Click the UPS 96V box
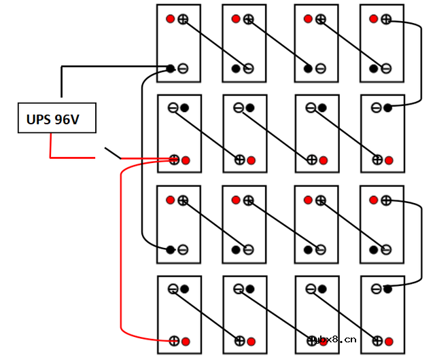56,120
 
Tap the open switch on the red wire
112,154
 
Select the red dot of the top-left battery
171,19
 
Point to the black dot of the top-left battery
171,68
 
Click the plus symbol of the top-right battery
386,19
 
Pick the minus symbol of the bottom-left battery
173,289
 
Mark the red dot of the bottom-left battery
186,340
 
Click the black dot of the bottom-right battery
388,289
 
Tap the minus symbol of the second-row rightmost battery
376,107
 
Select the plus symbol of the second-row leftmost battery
174,160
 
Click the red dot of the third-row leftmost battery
171,200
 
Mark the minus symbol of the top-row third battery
320,68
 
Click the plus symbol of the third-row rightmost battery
386,200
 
